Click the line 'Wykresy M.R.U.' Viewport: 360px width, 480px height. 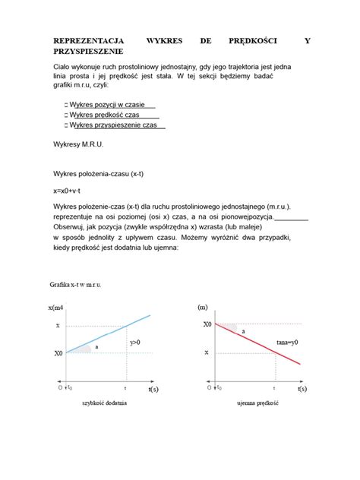tap(79, 143)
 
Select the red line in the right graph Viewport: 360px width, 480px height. tap(258, 343)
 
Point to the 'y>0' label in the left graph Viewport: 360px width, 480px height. tap(135, 343)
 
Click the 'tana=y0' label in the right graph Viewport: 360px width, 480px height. tap(287, 343)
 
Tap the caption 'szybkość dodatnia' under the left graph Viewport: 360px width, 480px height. tap(105, 403)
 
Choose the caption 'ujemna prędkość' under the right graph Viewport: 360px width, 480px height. tap(257, 403)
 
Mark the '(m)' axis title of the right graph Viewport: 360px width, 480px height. tap(203, 307)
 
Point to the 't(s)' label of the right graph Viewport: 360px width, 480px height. tap(302, 388)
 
